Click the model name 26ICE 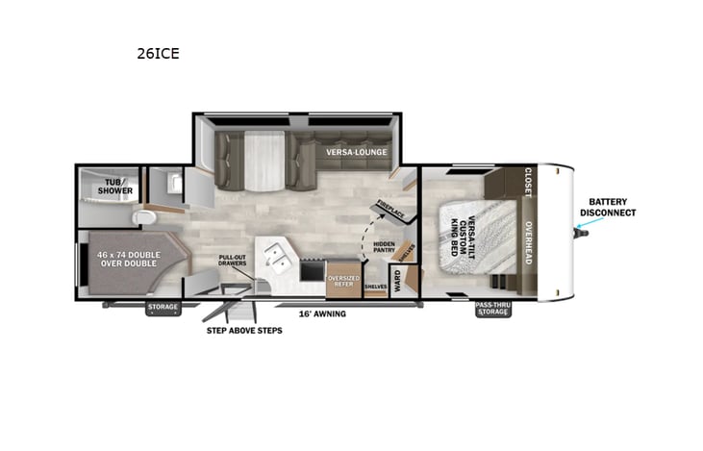point(158,54)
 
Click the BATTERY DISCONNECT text point(608,207)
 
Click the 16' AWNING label point(322,313)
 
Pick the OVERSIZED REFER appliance point(343,281)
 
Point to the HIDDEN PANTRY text point(386,248)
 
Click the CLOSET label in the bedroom point(527,182)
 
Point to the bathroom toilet point(147,217)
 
